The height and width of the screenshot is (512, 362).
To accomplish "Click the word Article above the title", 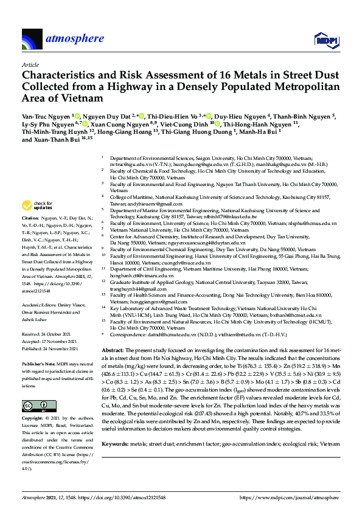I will pos(30,64).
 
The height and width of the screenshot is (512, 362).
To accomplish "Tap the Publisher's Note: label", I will pos(39,345).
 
